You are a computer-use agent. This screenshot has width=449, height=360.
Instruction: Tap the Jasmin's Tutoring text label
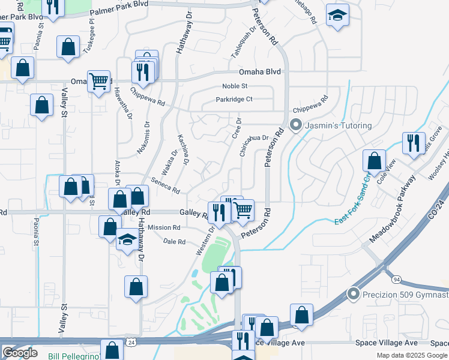tap(339, 126)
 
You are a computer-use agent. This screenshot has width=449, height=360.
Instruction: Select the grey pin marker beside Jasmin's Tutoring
tap(295, 126)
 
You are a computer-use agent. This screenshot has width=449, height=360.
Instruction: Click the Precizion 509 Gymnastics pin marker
tap(354, 293)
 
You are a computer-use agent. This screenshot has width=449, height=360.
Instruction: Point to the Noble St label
tap(235, 86)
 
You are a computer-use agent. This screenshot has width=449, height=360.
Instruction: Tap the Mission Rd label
tap(164, 228)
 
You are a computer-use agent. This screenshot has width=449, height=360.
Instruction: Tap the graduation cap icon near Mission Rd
tap(127, 240)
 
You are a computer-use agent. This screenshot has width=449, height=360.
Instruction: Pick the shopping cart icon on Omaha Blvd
tap(98, 80)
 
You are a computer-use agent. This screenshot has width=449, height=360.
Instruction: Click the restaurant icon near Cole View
tap(414, 142)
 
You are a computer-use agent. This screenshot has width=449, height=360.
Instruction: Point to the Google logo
tap(20, 353)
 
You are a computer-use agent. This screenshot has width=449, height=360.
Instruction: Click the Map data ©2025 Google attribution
tap(411, 355)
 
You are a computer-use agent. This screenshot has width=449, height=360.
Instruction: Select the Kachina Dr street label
tap(183, 149)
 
